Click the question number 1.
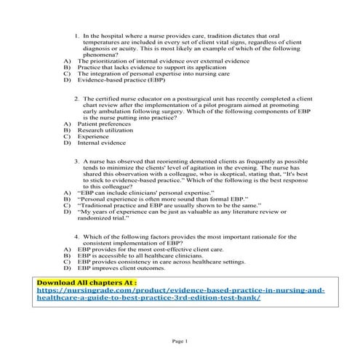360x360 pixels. coord(77,35)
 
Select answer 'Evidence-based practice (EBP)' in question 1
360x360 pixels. coord(116,80)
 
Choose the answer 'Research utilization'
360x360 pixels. coord(105,132)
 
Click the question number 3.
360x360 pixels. coord(77,160)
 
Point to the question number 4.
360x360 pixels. coord(77,237)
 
